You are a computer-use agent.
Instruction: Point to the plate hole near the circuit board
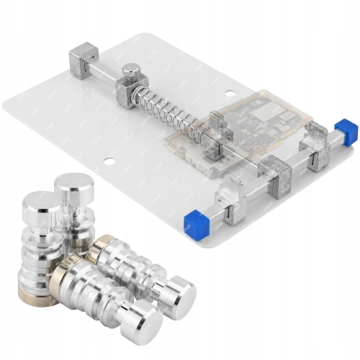click(230, 92)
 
